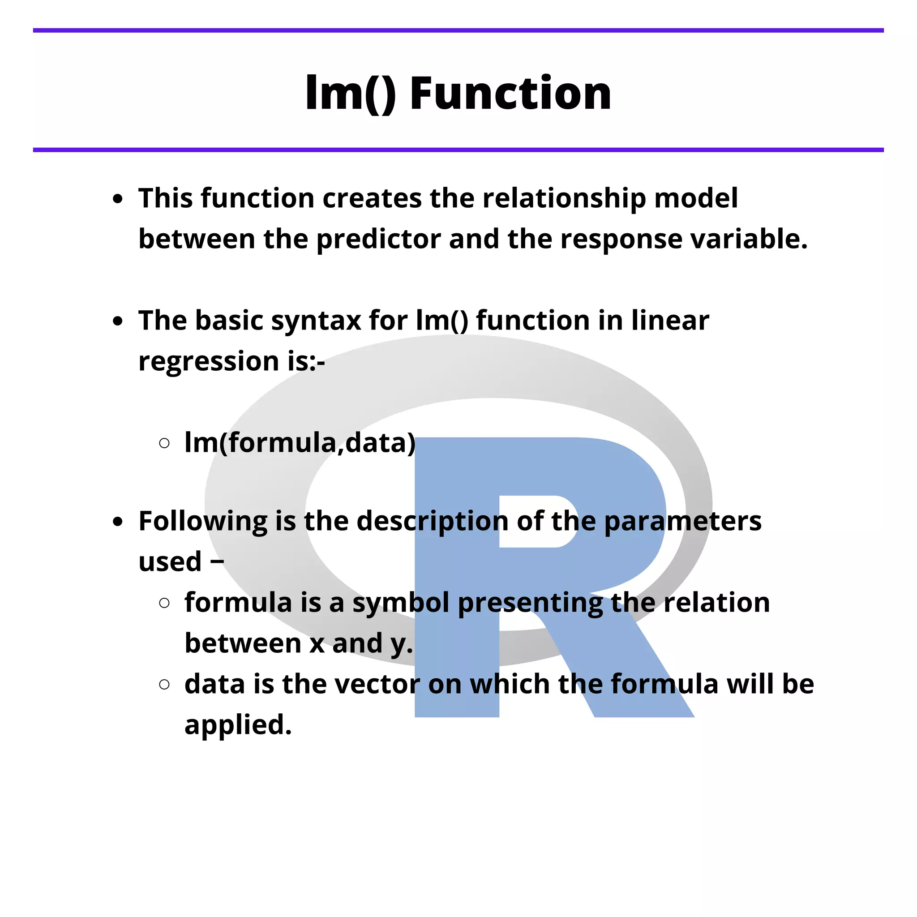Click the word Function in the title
coord(510,93)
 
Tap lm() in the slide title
coord(350,93)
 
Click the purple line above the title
coord(458,30)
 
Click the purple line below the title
coord(458,150)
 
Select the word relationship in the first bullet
coord(564,198)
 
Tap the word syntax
coord(316,321)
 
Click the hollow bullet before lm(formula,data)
coord(164,443)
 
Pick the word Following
coord(203,522)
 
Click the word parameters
coord(682,522)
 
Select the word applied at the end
coord(237,725)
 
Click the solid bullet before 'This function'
coord(118,199)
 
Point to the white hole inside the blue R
coord(536,521)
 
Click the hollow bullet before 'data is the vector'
coord(164,684)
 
